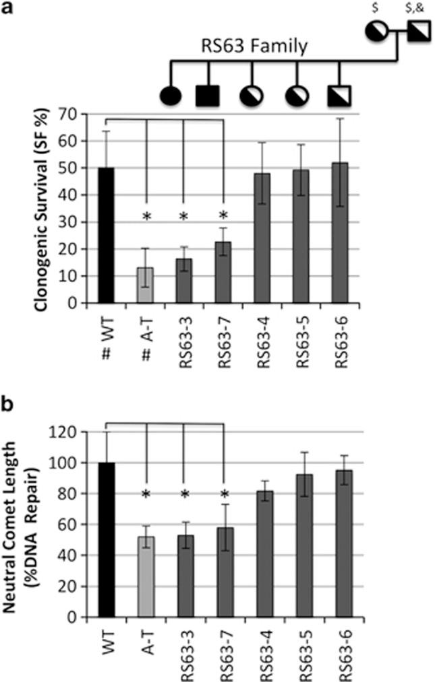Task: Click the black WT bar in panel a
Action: tap(105, 236)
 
